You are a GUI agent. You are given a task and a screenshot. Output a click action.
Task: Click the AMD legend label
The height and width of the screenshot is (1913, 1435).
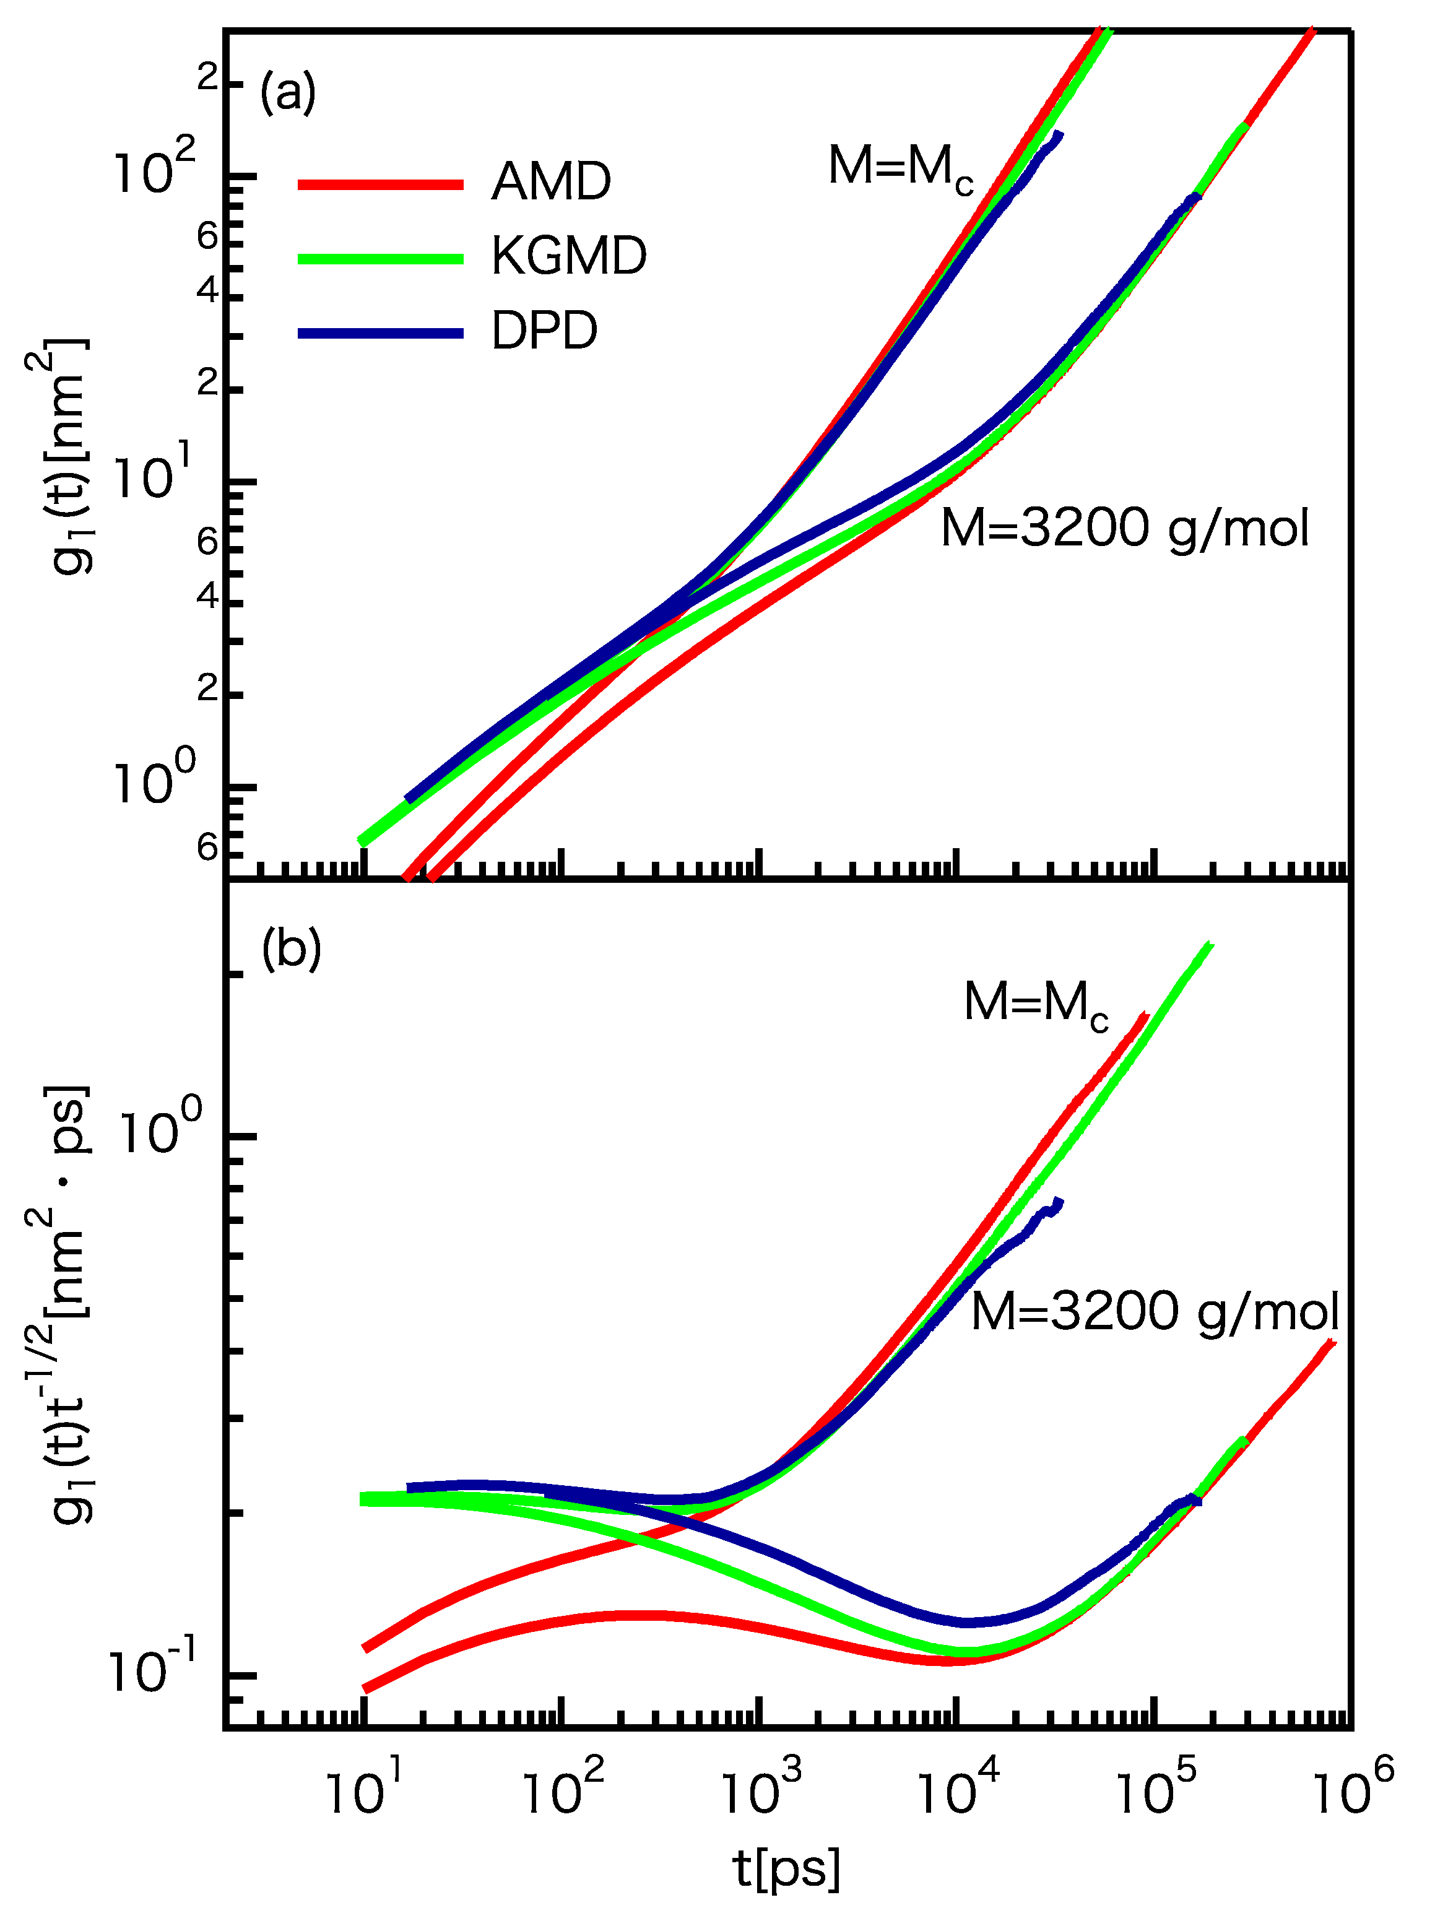tap(551, 183)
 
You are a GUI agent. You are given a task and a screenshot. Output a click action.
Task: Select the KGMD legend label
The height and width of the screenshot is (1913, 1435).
tap(568, 257)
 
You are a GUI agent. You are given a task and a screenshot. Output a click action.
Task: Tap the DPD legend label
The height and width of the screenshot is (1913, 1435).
tap(544, 331)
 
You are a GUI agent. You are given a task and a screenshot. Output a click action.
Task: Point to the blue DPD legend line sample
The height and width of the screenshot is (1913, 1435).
tap(381, 333)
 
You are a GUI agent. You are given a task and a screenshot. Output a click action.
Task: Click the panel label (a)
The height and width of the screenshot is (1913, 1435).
tap(288, 92)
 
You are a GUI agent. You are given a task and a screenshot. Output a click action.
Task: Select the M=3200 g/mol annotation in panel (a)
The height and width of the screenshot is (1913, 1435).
tap(1124, 529)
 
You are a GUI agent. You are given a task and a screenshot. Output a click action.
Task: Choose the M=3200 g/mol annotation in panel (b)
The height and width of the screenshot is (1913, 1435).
tap(1155, 1311)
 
